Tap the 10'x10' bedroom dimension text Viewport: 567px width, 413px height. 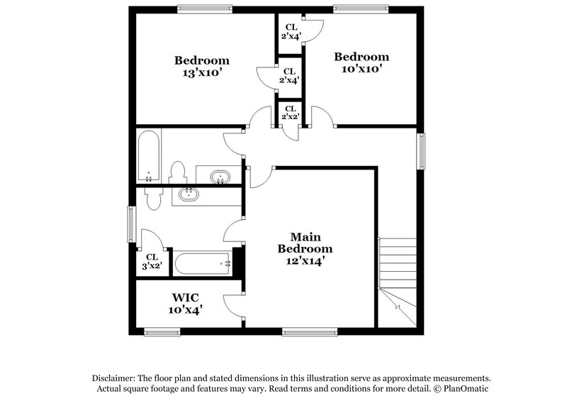(x=361, y=70)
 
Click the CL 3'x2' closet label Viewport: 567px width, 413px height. (x=152, y=262)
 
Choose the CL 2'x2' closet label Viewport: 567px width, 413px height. (x=289, y=112)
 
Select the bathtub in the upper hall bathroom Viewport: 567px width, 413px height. (x=148, y=155)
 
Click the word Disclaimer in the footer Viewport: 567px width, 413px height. (x=115, y=378)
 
